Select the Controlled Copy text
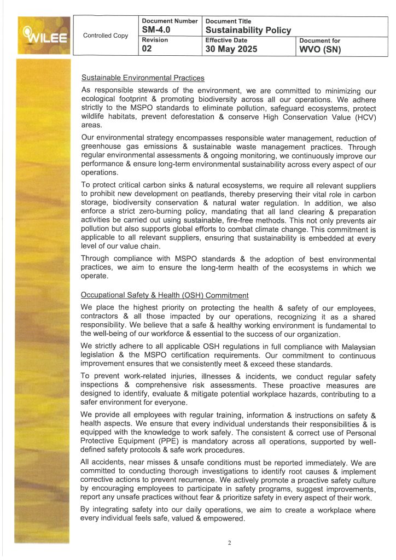[106, 36]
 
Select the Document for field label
[319, 40]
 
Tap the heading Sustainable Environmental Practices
[143, 78]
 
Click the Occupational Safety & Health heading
[165, 295]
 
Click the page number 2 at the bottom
[230, 542]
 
